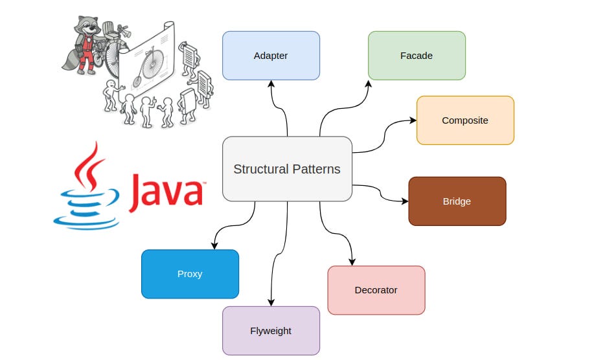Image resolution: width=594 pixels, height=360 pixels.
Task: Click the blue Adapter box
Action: [x=271, y=56]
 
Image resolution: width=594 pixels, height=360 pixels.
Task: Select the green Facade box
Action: [x=417, y=56]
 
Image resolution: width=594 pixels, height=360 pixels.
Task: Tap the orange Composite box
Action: [x=465, y=120]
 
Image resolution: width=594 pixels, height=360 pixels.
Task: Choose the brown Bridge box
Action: [x=457, y=201]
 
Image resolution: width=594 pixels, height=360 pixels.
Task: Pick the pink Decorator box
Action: [x=376, y=290]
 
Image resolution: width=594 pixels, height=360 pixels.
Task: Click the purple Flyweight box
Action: [x=271, y=331]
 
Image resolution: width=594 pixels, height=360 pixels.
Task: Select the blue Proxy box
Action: [x=190, y=274]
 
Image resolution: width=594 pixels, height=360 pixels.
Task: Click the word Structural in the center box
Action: [x=259, y=169]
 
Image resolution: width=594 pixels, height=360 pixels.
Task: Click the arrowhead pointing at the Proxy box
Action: [x=214, y=246]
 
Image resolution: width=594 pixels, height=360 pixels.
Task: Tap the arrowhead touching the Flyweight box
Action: [x=271, y=302]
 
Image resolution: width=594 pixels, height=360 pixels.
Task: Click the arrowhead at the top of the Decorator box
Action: [x=352, y=262]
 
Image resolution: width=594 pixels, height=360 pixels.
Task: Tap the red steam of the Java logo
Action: [x=91, y=165]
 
